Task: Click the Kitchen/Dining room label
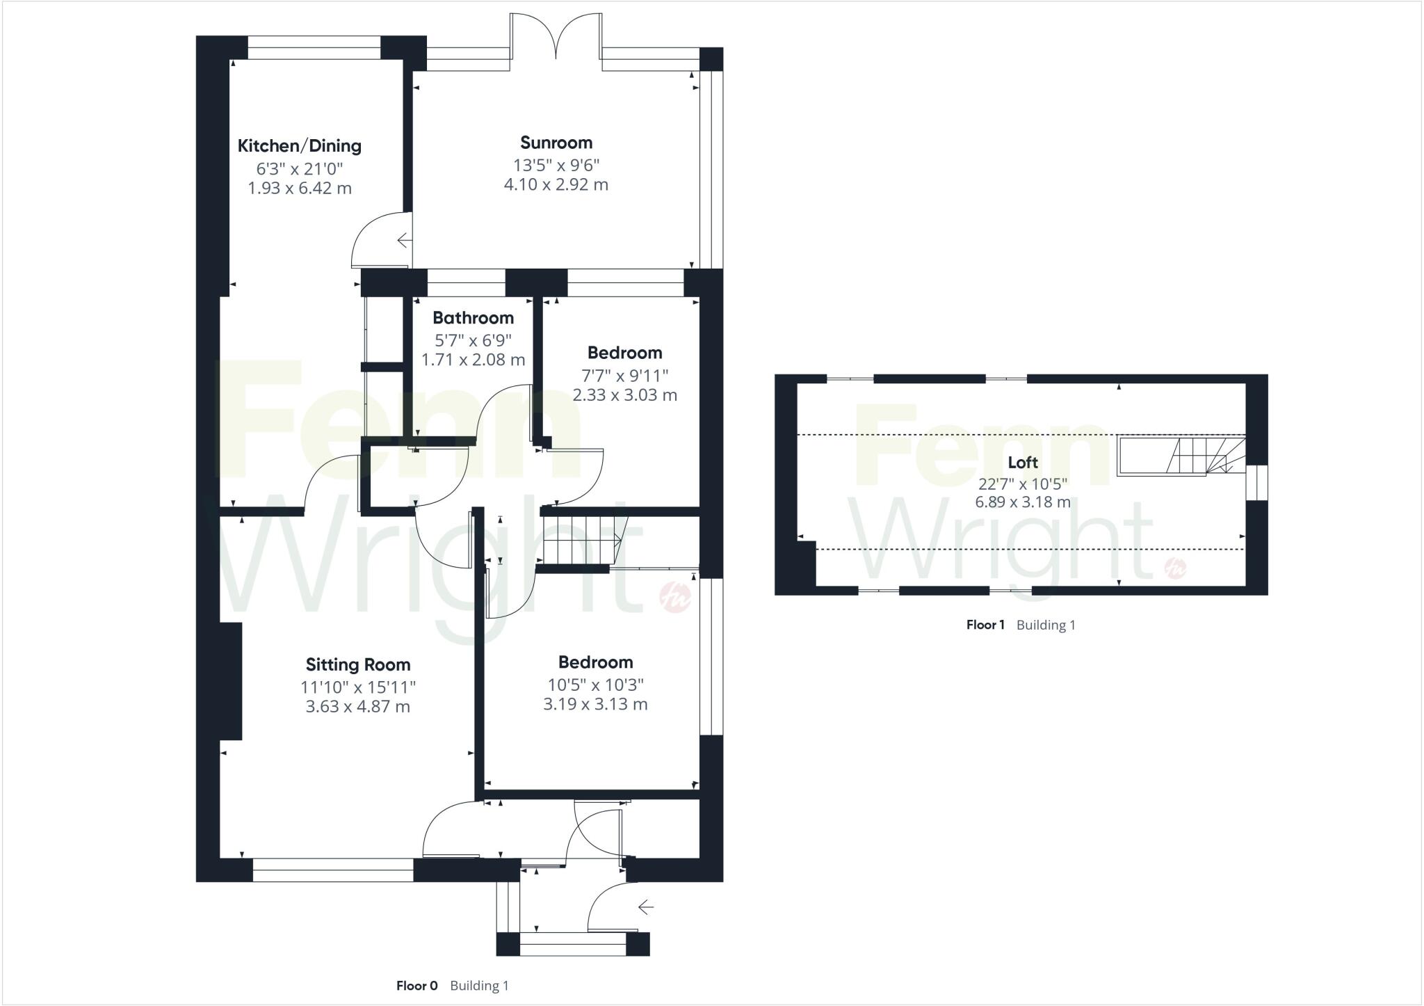coord(300,145)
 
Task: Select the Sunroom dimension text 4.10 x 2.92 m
coord(556,184)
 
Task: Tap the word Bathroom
coord(473,318)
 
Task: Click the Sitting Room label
coord(358,664)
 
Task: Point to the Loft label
coord(1022,462)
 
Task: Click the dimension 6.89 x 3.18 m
coord(1022,502)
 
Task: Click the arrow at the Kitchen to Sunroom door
coord(404,241)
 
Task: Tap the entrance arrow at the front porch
coord(646,907)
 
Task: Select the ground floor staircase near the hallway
coord(581,541)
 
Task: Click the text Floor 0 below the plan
coord(416,985)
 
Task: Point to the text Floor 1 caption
coord(985,625)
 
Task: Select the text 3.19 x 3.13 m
coord(595,704)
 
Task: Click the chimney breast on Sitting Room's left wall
coord(232,680)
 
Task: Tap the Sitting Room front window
coord(333,870)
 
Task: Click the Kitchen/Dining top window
coord(314,48)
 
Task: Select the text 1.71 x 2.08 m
coord(473,360)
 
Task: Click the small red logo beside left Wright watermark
coord(674,597)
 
